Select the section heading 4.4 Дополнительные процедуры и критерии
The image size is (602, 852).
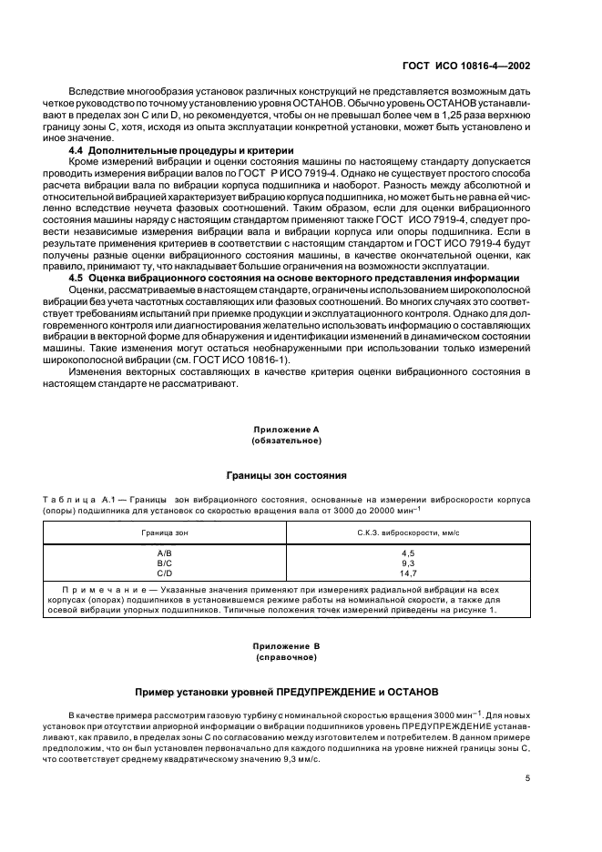(x=181, y=149)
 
